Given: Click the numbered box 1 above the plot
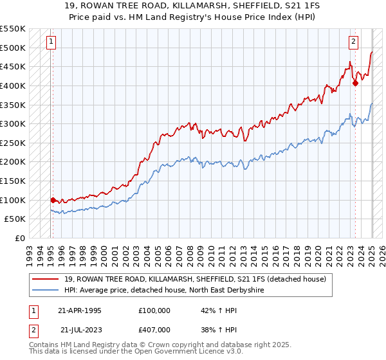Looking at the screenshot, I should click(51, 42).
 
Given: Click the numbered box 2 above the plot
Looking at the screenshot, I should click(353, 42).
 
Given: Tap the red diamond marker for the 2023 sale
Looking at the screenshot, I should click(355, 82).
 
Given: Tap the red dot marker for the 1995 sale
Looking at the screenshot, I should click(53, 200).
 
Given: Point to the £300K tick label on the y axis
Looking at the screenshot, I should click(13, 123).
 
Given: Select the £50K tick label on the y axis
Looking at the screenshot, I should click(15, 219).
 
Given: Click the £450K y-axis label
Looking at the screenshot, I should click(13, 66).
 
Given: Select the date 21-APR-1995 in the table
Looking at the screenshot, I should click(79, 310).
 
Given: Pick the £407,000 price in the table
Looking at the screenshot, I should click(154, 330).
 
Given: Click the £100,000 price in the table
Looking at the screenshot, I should click(154, 310).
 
